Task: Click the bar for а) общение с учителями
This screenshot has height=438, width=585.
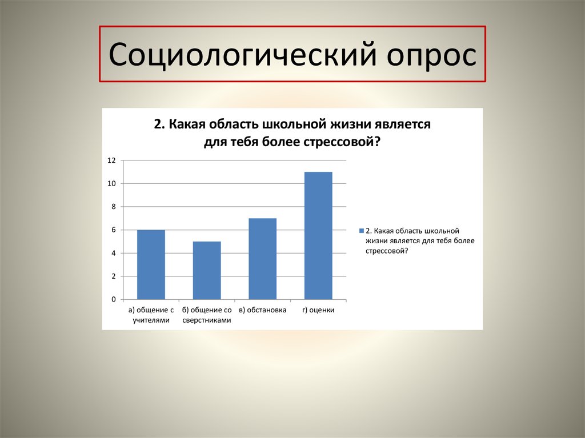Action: coord(151,264)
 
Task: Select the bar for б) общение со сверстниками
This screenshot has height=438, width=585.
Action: coord(207,270)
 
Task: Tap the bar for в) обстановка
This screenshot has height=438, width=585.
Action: coord(262,259)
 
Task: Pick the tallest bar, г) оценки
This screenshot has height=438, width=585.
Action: coord(318,235)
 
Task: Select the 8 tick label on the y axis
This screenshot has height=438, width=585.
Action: coord(113,207)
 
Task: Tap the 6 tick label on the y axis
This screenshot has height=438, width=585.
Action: coord(113,230)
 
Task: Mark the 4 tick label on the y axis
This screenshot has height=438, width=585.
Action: coord(113,253)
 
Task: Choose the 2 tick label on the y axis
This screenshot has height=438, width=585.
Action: coord(113,276)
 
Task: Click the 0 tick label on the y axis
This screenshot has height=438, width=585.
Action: coord(113,299)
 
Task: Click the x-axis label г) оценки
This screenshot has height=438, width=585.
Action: coord(318,310)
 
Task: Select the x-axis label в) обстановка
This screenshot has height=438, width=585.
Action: coord(262,310)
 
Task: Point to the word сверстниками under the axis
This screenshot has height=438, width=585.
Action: coord(207,320)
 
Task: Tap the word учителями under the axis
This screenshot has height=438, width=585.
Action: coord(151,320)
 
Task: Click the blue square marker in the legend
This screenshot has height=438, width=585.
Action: coord(361,231)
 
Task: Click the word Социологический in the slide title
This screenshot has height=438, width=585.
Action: coord(239,57)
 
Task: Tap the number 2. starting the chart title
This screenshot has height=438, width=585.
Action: coord(159,124)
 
